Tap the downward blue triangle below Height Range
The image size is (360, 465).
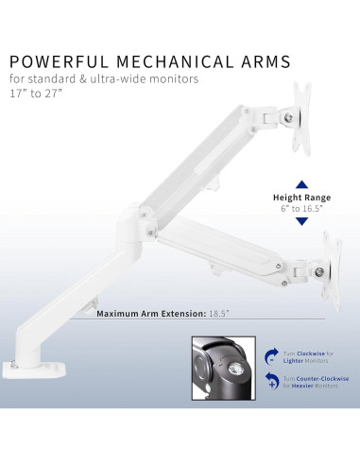301,221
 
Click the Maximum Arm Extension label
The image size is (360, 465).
156,312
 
